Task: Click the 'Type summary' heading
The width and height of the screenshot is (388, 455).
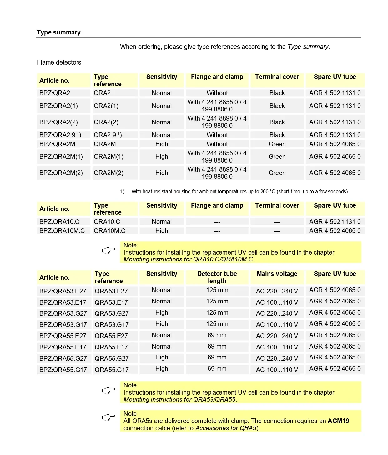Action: click(x=59, y=32)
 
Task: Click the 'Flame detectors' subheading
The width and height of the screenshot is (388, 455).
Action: click(x=59, y=62)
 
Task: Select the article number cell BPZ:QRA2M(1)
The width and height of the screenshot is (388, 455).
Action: click(x=61, y=157)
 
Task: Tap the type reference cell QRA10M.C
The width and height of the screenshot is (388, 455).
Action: click(x=109, y=231)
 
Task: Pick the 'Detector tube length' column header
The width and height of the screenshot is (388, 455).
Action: click(x=217, y=277)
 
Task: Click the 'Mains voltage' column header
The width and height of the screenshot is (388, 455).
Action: click(x=277, y=274)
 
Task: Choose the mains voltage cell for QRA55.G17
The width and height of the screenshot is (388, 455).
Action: click(x=277, y=370)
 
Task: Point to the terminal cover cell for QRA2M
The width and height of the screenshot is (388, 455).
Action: click(x=277, y=144)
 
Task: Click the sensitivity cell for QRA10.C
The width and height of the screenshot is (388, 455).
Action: click(x=162, y=222)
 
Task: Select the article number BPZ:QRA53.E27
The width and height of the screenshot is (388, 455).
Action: click(x=63, y=291)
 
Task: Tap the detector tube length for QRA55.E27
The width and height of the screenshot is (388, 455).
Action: click(x=217, y=335)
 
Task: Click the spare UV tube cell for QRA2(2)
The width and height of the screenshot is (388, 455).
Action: click(x=335, y=122)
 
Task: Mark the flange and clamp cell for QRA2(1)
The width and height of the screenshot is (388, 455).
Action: click(x=217, y=106)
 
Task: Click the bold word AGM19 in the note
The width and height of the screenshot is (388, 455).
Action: click(x=338, y=421)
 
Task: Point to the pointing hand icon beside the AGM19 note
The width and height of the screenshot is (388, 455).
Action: click(x=108, y=417)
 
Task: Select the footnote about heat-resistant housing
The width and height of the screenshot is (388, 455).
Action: click(x=239, y=192)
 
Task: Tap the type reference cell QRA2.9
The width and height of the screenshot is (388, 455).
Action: click(x=108, y=135)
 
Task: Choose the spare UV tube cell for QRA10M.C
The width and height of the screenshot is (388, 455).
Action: click(x=335, y=231)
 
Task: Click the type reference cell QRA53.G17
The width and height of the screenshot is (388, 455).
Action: click(x=112, y=325)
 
